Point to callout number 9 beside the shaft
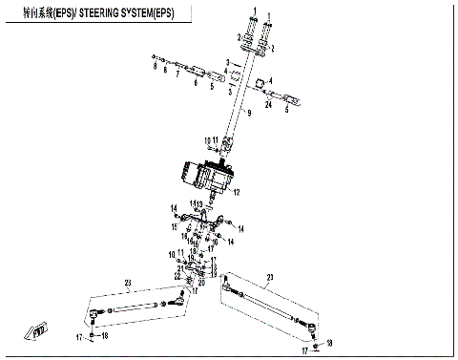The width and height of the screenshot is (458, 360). click(x=249, y=114)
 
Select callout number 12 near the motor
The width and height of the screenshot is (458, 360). click(x=236, y=192)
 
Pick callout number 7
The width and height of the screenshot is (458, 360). click(x=177, y=74)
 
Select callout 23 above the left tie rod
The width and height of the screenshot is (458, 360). click(x=125, y=283)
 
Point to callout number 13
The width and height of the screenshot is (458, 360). click(x=202, y=203)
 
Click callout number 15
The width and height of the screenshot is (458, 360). click(x=175, y=225)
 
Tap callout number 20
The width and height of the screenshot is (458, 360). click(x=200, y=282)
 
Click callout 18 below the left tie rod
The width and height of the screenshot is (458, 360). click(x=105, y=336)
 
